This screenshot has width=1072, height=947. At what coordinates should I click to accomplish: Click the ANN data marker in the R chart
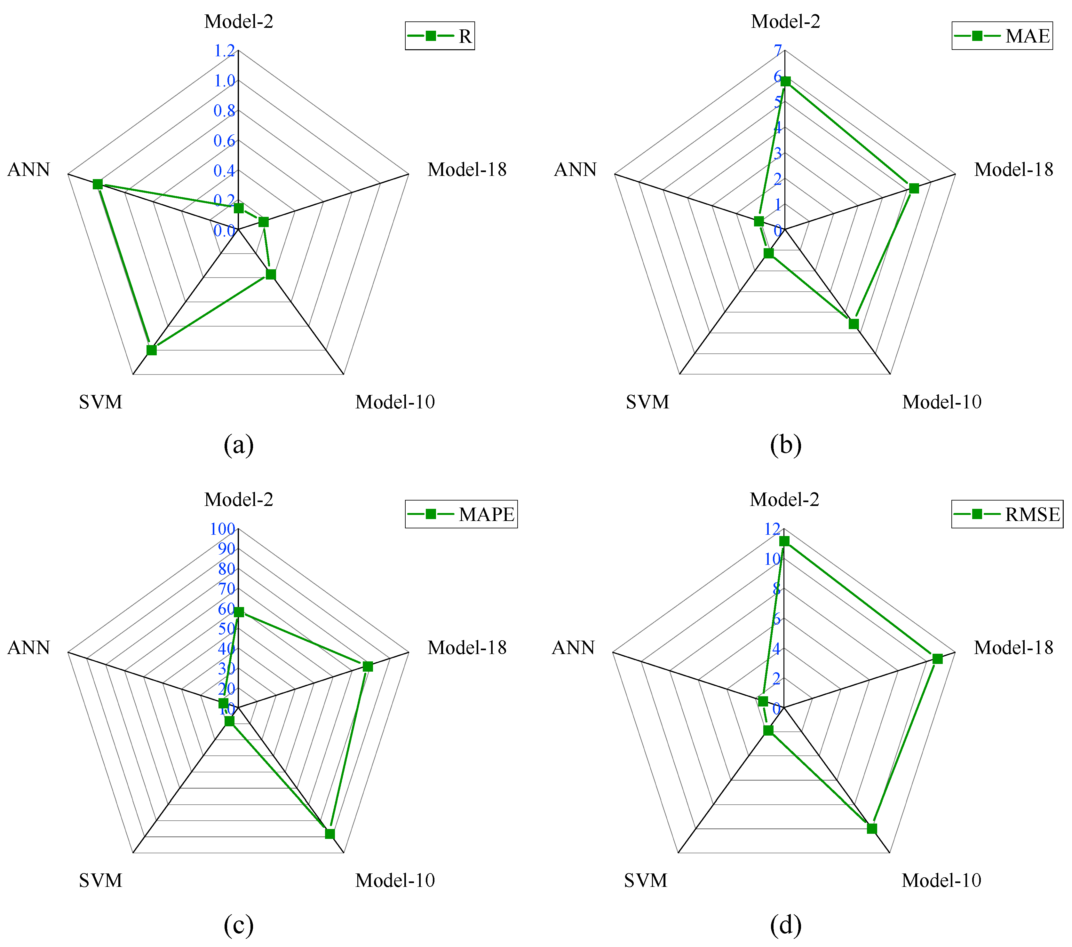pyautogui.click(x=98, y=184)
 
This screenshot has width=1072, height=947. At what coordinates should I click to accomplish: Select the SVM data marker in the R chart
pyautogui.click(x=152, y=350)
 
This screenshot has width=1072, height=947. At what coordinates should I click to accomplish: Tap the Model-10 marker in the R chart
pyautogui.click(x=271, y=274)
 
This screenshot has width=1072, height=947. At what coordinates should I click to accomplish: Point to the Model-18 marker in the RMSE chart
pyautogui.click(x=938, y=659)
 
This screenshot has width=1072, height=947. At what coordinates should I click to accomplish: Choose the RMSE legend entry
pyautogui.click(x=1007, y=514)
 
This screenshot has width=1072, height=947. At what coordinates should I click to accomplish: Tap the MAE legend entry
pyautogui.click(x=1002, y=36)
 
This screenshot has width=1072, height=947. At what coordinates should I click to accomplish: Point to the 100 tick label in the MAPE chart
pyautogui.click(x=222, y=529)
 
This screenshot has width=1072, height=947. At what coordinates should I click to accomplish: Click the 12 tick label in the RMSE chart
pyautogui.click(x=772, y=529)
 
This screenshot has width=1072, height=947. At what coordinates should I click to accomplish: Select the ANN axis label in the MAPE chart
pyautogui.click(x=29, y=648)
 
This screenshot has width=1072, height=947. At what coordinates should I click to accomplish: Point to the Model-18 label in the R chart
pyautogui.click(x=467, y=170)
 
